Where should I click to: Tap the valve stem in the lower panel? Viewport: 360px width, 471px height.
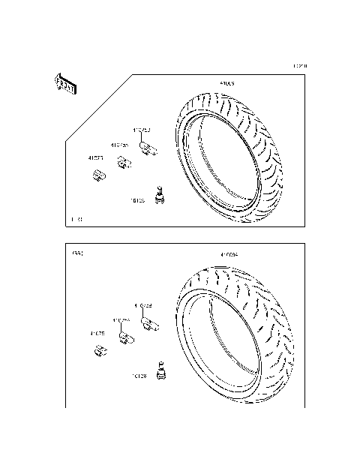click(x=159, y=370)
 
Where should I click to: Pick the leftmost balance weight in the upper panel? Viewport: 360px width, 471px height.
click(x=97, y=176)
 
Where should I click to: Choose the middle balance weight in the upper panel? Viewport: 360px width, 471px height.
click(x=121, y=161)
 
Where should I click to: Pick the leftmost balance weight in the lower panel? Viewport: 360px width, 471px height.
click(x=97, y=349)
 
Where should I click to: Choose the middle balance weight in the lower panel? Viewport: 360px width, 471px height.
click(x=123, y=337)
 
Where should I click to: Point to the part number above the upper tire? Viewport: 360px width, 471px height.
click(x=226, y=84)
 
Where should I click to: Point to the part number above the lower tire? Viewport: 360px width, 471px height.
click(x=229, y=254)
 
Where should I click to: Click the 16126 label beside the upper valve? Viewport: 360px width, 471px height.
click(x=138, y=201)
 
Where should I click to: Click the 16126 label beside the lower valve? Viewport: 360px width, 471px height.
click(x=139, y=376)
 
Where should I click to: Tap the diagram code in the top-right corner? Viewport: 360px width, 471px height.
click(x=299, y=66)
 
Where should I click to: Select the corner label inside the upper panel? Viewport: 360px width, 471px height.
click(x=76, y=220)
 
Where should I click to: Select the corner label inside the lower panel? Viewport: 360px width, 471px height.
click(x=76, y=254)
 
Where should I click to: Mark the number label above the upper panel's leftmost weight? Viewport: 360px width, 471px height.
click(x=95, y=158)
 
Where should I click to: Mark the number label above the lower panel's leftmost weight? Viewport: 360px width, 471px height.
click(x=97, y=333)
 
